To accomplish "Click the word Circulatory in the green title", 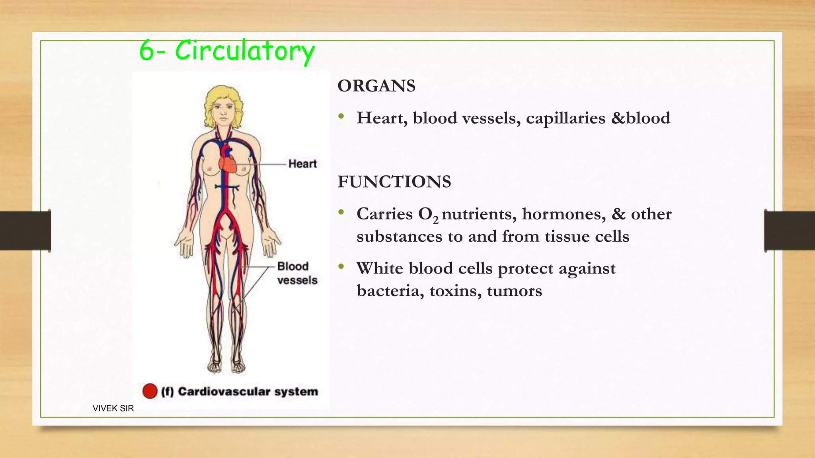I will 245,51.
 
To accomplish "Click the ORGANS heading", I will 376,86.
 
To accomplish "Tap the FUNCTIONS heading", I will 394,182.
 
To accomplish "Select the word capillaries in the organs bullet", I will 565,118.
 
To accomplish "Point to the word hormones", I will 564,214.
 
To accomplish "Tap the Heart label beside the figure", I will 302,164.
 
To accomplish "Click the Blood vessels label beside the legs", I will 297,273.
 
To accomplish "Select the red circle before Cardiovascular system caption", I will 150,391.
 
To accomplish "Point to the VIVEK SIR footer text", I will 113,408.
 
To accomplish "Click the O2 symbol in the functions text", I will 428,215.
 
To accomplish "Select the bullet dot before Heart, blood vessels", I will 341,117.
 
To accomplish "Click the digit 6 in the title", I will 146,51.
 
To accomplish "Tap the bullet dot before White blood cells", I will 341,267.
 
